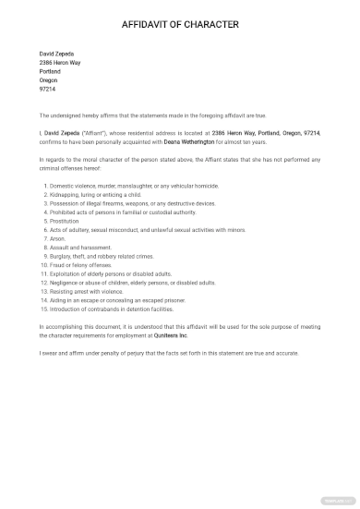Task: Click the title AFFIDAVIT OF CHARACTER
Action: click(180, 24)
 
